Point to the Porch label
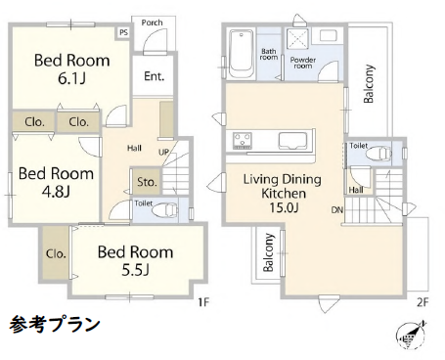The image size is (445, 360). click(152, 22)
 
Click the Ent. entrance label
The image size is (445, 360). click(155, 75)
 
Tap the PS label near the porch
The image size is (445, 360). click(123, 32)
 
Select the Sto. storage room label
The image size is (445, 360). click(147, 182)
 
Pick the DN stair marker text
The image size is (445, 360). click(336, 210)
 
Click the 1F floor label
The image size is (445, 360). click(203, 301)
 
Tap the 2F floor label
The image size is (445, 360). click(422, 301)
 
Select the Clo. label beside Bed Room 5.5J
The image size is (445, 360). click(56, 253)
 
